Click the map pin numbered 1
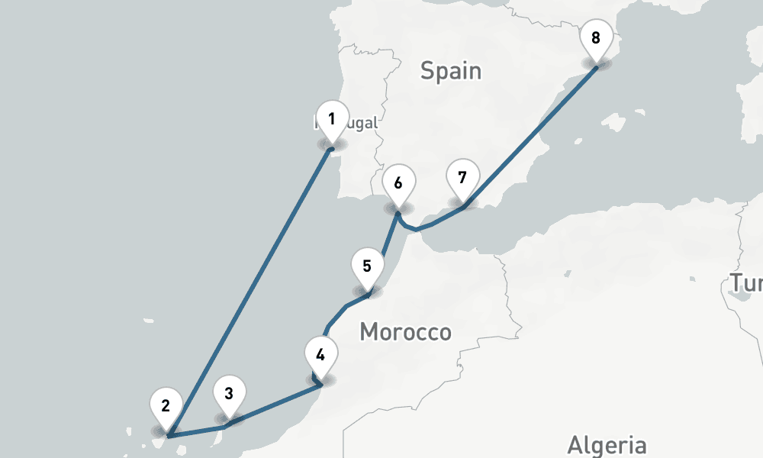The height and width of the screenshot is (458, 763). [x=332, y=121]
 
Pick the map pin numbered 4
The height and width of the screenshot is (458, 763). [x=320, y=356]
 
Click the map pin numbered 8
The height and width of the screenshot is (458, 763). [x=596, y=39]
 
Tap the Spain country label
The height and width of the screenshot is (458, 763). [x=451, y=71]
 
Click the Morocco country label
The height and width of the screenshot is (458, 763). [x=405, y=332]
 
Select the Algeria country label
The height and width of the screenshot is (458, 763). [x=607, y=444]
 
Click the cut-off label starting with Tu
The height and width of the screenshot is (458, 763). [x=746, y=283]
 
